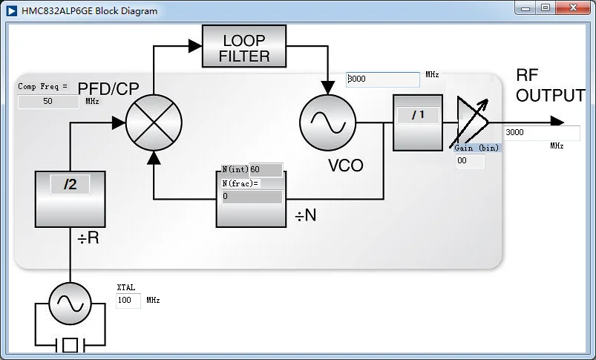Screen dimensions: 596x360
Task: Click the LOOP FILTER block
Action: coord(244,46)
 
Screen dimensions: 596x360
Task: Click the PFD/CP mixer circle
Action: coord(154,122)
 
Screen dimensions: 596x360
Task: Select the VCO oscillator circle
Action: coord(327,122)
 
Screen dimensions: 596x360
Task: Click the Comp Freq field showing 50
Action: coord(48,102)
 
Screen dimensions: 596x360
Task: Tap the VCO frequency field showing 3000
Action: coord(383,79)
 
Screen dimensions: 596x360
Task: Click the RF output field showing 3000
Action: coord(542,133)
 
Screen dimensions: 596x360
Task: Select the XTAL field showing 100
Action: coord(128,301)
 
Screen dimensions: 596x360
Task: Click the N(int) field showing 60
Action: coord(266,169)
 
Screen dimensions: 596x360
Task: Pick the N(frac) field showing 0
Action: coord(252,197)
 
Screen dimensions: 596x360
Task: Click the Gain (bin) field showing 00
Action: coord(470,161)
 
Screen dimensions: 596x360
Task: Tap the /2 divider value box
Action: coord(71,184)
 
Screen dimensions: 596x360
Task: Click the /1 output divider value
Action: coord(418,115)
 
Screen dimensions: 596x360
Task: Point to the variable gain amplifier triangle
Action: coord(471,122)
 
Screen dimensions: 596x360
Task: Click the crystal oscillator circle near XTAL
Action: coord(71,304)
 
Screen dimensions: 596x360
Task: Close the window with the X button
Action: coord(573,7)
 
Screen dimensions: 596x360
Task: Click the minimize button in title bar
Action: coord(525,7)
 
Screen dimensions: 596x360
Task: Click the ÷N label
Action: coord(306,215)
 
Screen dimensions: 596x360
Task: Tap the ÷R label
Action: coord(88,238)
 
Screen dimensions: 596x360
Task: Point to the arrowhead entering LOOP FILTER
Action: coord(195,46)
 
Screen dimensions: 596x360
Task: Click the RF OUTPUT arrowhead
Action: coord(557,122)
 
